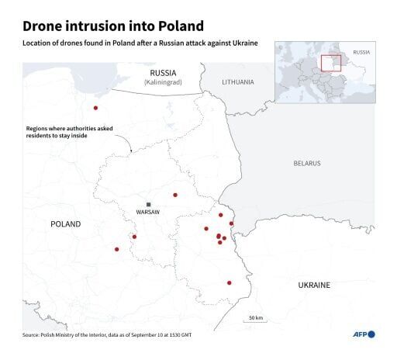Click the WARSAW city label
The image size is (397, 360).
[x=147, y=212]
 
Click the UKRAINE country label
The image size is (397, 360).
[x=314, y=285]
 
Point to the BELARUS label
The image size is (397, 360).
[x=307, y=163]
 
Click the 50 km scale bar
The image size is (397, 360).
[x=255, y=324]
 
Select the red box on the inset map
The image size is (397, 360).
[x=332, y=62]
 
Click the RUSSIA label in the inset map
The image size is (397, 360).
[x=361, y=53]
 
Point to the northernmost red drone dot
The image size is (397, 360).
[x=96, y=108]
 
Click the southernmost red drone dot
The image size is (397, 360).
[x=230, y=282]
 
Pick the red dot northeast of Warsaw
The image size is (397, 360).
[x=175, y=195]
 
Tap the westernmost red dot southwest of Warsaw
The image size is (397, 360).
[x=117, y=249]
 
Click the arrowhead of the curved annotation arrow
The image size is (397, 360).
[x=131, y=151]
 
